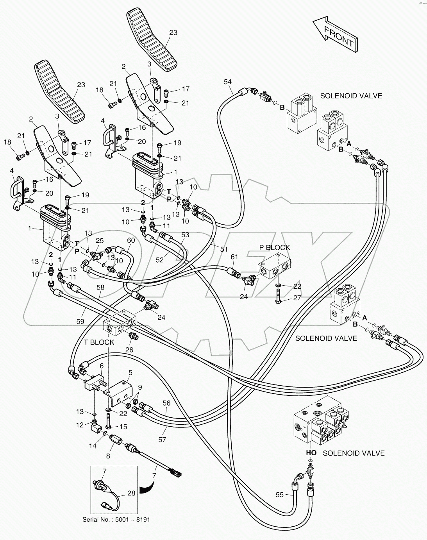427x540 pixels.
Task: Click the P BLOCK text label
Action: pos(275,247)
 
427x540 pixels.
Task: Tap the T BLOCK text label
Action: pos(99,342)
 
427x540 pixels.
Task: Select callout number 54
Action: pos(228,81)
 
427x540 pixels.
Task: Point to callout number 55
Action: pos(279,495)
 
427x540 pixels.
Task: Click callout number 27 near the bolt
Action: pos(297,298)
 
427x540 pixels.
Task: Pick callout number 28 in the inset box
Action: pos(131,493)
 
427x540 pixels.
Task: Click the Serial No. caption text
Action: pos(116,520)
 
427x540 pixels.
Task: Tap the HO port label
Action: pos(311,453)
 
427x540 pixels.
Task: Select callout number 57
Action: pos(162,440)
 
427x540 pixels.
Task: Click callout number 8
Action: pos(108,456)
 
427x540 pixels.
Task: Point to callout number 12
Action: pos(80,425)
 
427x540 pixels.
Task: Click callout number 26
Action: pos(129,350)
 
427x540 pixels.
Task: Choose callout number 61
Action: pos(234,256)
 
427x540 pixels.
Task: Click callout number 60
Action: pos(130,240)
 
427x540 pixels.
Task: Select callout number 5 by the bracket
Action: pos(130,373)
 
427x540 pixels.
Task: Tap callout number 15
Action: pos(123,426)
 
